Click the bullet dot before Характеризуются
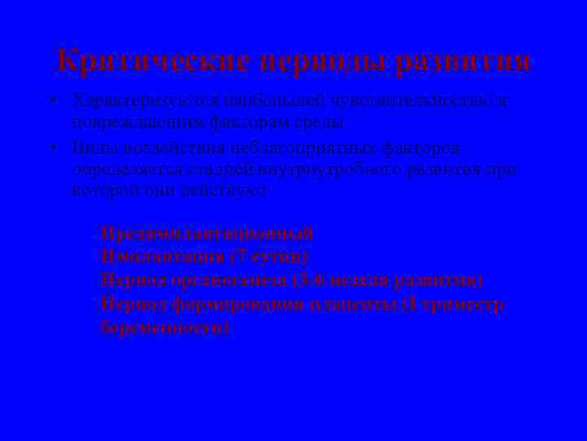click(x=51, y=102)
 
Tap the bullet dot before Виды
click(x=51, y=149)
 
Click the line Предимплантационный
click(x=207, y=234)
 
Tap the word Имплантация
click(x=163, y=256)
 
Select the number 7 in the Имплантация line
click(x=236, y=256)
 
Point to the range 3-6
click(x=309, y=280)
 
